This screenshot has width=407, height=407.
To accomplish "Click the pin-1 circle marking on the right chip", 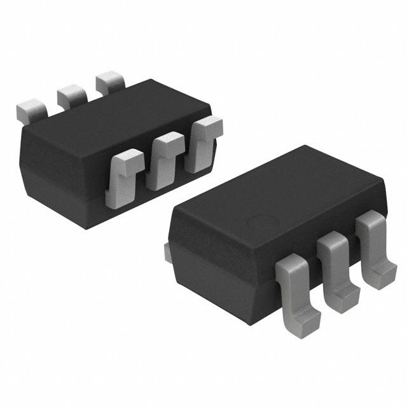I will click(x=261, y=224).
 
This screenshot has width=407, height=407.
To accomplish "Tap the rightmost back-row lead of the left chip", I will click(x=110, y=83).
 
